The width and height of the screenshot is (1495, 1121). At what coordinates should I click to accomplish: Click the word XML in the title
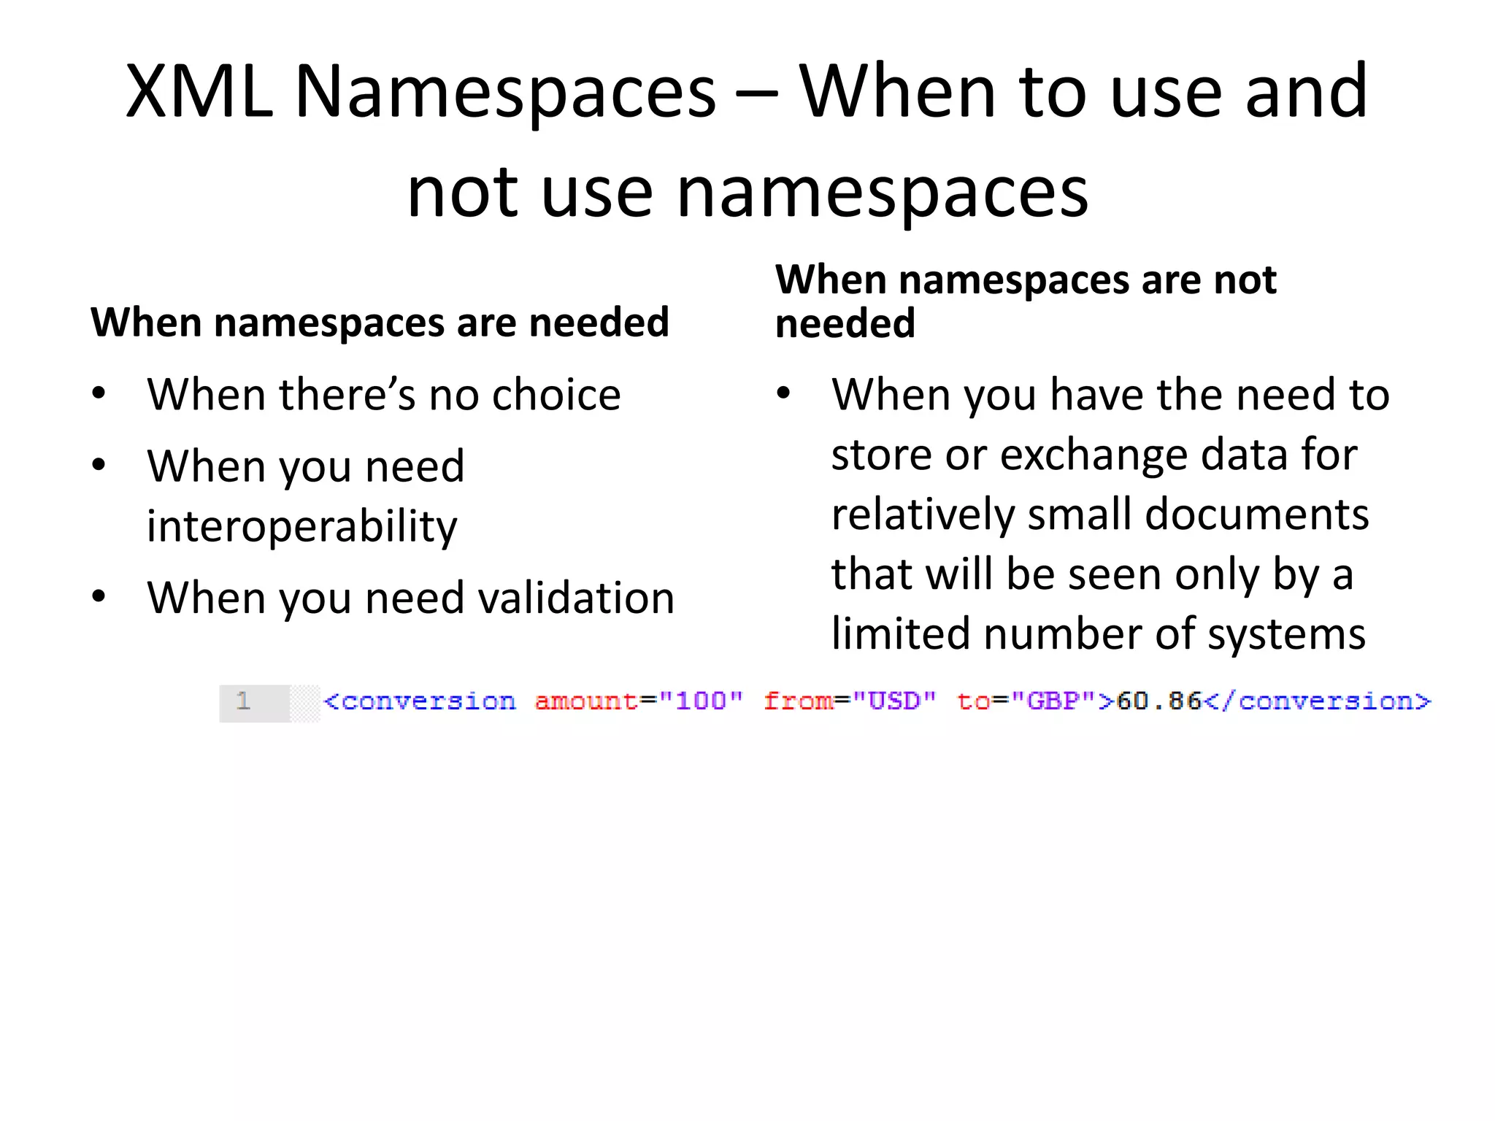[x=199, y=92]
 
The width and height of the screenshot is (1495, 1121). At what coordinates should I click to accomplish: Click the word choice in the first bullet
[x=556, y=395]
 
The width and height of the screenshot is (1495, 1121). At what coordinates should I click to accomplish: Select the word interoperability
[x=302, y=525]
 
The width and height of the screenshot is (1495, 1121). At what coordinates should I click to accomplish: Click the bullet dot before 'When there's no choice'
[x=99, y=394]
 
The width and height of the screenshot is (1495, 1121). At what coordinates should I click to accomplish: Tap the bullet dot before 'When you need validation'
[x=99, y=596]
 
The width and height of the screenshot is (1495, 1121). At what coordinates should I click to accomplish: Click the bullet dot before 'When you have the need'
[x=783, y=394]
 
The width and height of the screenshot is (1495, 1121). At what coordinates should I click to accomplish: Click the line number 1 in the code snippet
[x=243, y=701]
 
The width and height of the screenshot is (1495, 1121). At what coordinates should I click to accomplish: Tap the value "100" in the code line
[x=701, y=701]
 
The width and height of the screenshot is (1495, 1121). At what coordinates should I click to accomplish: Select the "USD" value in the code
[x=894, y=701]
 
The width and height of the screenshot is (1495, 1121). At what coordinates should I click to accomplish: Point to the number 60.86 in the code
[x=1158, y=701]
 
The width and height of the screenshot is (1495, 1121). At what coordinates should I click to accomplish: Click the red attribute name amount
[x=586, y=701]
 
